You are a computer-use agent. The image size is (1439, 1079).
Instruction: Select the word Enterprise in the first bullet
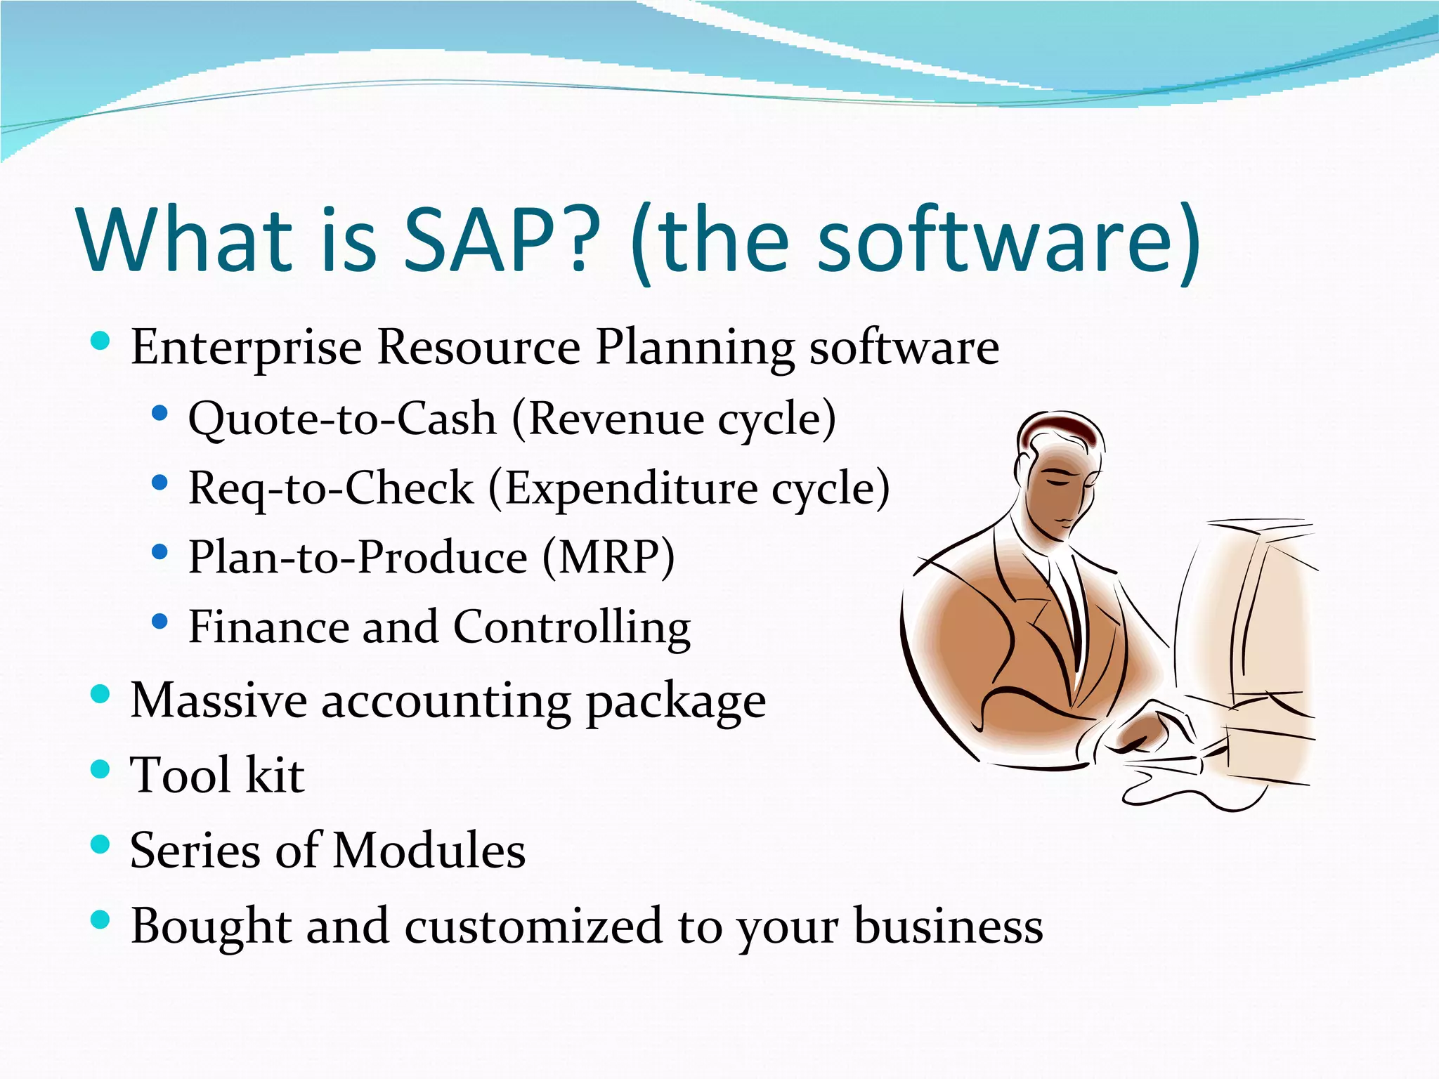(246, 348)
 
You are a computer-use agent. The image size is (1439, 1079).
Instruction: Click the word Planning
(695, 348)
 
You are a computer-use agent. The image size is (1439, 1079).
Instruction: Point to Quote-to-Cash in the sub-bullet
(342, 419)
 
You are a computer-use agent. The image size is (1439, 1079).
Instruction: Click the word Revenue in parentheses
(615, 419)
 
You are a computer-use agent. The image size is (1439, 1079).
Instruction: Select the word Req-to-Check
(331, 489)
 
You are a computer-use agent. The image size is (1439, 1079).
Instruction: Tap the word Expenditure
(631, 489)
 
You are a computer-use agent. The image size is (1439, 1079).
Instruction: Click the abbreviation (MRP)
(608, 558)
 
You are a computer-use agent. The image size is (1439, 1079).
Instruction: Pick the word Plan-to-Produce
(358, 558)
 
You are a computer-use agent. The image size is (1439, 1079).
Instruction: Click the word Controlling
(571, 627)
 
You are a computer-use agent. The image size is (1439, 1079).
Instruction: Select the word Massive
(219, 701)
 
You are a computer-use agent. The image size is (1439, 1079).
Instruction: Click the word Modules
(429, 851)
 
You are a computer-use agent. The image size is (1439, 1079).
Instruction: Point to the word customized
(533, 926)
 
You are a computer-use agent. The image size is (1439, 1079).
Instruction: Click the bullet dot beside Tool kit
(101, 769)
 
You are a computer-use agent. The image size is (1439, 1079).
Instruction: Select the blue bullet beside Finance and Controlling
(160, 621)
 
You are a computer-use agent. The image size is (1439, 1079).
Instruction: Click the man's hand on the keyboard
(1152, 731)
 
